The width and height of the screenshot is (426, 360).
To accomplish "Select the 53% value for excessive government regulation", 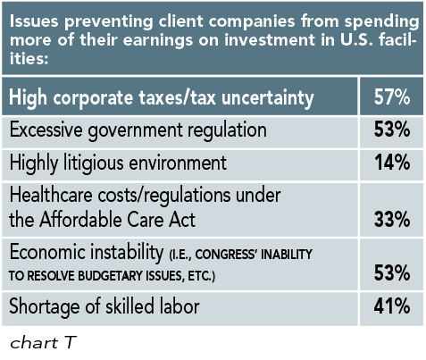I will click(x=391, y=130).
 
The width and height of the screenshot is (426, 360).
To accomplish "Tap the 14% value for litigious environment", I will click(x=391, y=163).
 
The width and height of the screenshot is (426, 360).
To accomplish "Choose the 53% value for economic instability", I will click(x=391, y=273).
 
